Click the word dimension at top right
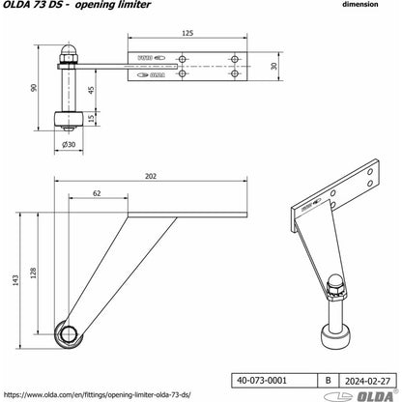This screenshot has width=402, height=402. click(x=364, y=5)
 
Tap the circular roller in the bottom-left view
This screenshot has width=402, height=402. click(x=70, y=334)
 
